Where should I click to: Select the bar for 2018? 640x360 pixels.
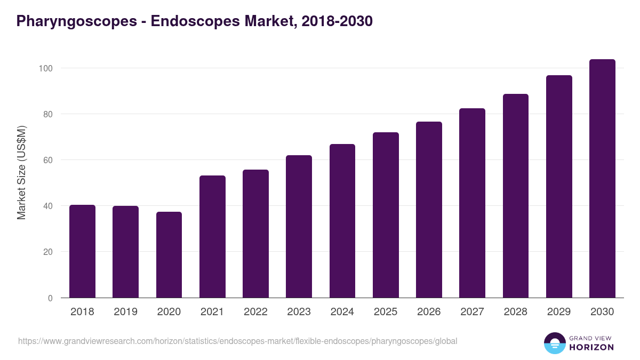[82, 251]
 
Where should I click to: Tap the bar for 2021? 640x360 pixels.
[212, 237]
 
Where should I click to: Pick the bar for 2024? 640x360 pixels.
[342, 221]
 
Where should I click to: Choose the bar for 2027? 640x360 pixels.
[473, 203]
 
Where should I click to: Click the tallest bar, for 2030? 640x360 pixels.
[602, 179]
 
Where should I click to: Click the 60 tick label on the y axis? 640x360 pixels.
[47, 160]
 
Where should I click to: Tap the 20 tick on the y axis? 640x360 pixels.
[47, 252]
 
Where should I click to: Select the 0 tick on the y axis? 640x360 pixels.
[50, 298]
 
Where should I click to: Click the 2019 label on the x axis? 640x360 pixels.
[125, 312]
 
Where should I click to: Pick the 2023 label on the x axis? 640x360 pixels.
[299, 312]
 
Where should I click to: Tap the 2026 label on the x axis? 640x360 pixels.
[429, 312]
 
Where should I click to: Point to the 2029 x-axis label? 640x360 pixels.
[559, 312]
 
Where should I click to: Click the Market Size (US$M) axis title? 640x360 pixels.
[21, 172]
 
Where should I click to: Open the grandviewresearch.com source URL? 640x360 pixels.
[237, 341]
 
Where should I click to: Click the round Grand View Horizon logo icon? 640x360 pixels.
[554, 343]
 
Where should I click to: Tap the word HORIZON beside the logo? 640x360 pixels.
[591, 347]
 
